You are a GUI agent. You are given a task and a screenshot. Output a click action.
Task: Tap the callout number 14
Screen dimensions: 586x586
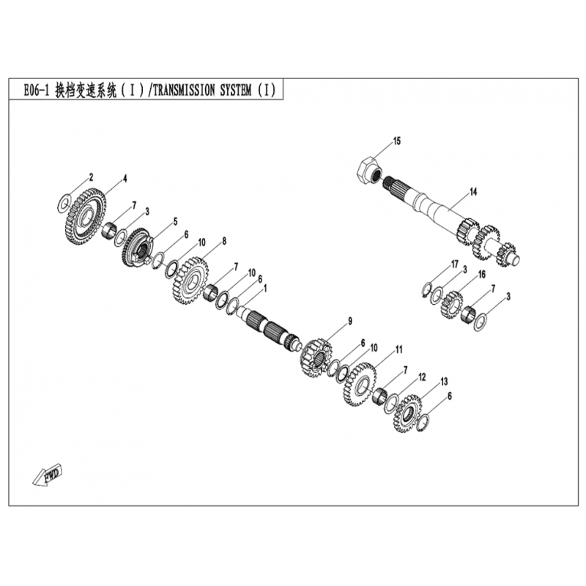tap(473, 192)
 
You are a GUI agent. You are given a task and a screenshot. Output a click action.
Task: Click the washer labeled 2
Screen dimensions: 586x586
tap(64, 202)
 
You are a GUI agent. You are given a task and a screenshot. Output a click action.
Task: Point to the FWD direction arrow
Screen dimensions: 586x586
tap(47, 475)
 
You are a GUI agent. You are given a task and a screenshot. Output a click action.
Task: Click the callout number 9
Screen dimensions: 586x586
tap(350, 321)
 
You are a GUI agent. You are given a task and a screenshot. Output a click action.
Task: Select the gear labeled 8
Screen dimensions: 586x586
tap(190, 280)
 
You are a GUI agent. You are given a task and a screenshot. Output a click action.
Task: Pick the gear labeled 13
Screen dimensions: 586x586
tap(407, 413)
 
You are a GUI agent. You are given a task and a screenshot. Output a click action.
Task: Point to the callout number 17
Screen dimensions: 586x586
tap(454, 264)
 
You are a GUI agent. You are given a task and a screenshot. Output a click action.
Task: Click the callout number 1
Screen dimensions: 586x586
tap(265, 289)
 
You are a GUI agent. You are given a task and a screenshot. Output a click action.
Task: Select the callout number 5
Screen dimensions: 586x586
tap(175, 223)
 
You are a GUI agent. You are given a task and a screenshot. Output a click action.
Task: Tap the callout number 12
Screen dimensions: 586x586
tap(422, 377)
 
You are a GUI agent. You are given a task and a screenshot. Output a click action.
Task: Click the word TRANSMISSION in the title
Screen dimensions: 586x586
tap(184, 90)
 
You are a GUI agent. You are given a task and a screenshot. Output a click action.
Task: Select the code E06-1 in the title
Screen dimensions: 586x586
tap(36, 90)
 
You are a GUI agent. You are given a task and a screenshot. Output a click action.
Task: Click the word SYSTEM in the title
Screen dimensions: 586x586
tap(235, 90)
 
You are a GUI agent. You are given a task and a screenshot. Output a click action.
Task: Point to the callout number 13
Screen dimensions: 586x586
tap(444, 382)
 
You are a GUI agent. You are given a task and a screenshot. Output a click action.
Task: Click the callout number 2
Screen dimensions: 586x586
tap(91, 177)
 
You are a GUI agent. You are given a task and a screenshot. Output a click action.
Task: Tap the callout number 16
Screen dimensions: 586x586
tap(482, 274)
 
